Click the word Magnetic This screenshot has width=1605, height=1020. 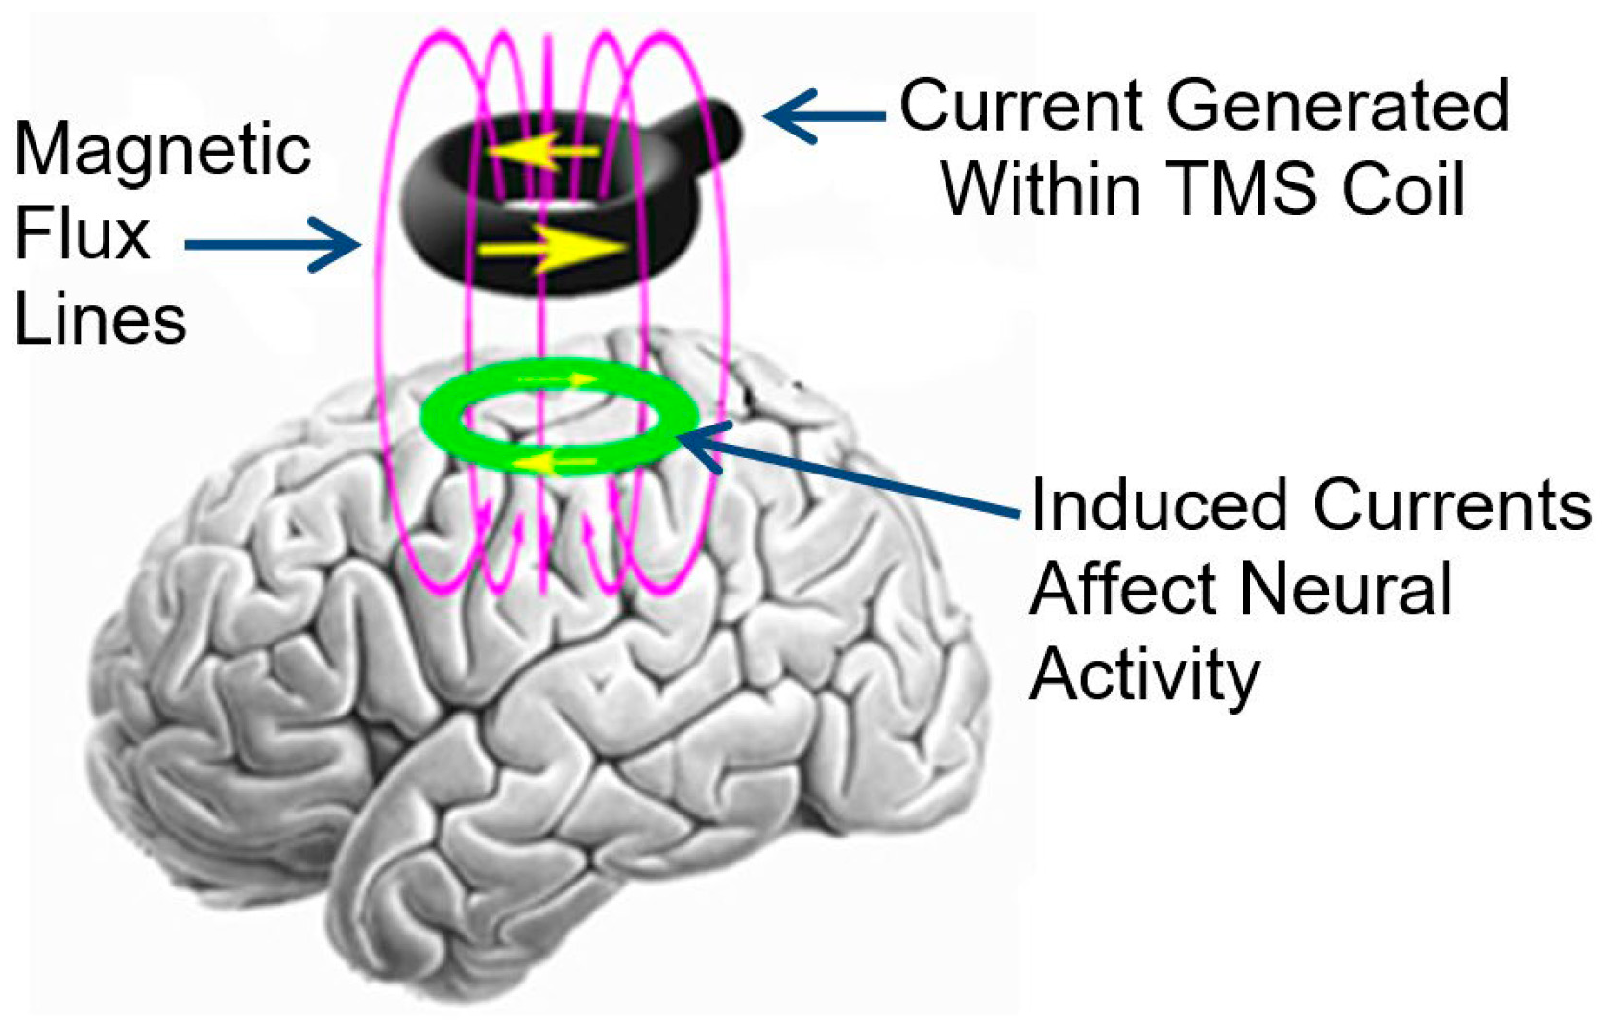(x=162, y=150)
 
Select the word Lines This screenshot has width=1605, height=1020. (x=100, y=319)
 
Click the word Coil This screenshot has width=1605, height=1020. (x=1402, y=188)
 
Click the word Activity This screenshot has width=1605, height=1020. (x=1143, y=674)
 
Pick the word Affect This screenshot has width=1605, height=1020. (x=1124, y=589)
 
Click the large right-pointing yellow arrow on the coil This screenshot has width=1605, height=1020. (x=551, y=248)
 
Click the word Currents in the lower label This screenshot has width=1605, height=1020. (x=1452, y=505)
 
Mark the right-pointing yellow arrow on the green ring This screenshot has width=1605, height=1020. (x=557, y=380)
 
